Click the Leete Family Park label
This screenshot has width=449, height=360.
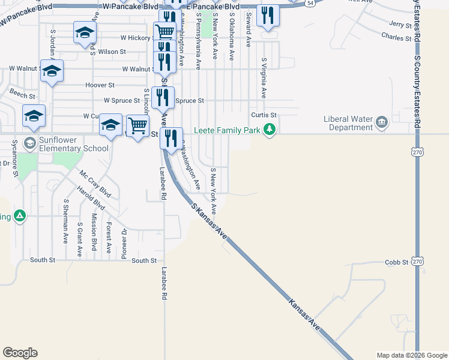(x=228, y=130)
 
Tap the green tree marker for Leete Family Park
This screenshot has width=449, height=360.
(x=270, y=130)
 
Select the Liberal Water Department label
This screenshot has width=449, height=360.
(x=348, y=123)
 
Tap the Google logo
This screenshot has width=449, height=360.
(x=20, y=353)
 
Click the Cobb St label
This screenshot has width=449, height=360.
(x=397, y=263)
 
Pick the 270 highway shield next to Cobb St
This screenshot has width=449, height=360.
(x=418, y=262)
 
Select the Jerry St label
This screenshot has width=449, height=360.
(x=400, y=25)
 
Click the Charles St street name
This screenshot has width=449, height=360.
(x=396, y=37)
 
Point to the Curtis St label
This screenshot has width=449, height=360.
(x=264, y=115)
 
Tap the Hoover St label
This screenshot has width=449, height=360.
(x=100, y=86)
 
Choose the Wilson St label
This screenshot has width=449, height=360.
(x=112, y=52)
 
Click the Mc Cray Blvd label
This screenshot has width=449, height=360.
(x=95, y=184)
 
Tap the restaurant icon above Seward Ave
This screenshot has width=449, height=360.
(x=268, y=15)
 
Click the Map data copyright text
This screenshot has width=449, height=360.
(x=411, y=355)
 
